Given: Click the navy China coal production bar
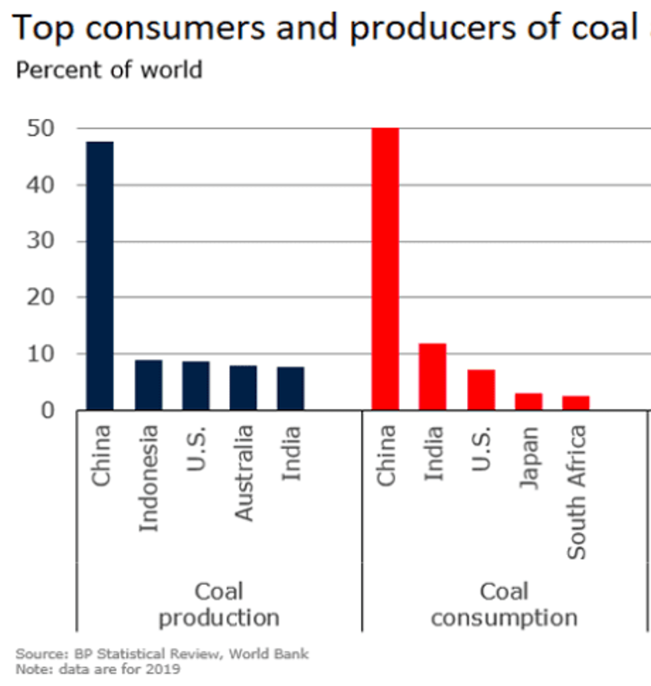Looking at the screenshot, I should point(100,276).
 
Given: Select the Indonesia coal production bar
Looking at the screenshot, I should point(148,385).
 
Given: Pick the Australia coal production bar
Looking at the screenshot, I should point(243,387).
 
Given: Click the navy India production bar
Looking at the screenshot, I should point(291,388).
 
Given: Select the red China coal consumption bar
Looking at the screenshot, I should point(385,269).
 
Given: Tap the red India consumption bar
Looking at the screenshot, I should point(432,376).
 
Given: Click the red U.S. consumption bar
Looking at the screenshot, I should point(480,389).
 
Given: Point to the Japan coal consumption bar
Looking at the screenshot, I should point(528,401).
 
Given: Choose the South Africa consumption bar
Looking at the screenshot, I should point(576,402).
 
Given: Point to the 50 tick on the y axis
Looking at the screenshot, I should point(41,128).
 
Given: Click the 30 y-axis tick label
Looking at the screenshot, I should point(41,241).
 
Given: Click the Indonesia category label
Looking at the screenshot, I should point(149,478).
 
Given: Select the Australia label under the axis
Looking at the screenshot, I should point(244,472).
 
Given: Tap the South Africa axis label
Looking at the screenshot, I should point(576,491).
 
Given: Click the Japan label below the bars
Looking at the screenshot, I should point(529,458).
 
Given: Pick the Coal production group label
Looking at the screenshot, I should point(219,604).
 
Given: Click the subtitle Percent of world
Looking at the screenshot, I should point(109,70).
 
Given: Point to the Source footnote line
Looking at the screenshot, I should point(162,654).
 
